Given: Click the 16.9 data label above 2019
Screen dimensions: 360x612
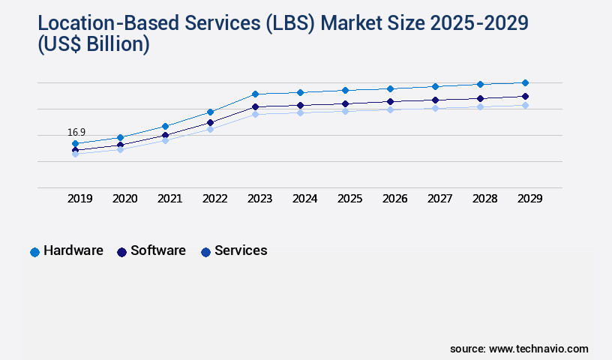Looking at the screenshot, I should tap(76, 132).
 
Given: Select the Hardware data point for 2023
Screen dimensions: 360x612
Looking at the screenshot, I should tap(255, 94).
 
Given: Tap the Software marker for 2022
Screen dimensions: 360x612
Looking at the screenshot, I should tap(210, 122).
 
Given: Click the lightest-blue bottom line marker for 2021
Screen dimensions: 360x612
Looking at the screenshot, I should tap(165, 140).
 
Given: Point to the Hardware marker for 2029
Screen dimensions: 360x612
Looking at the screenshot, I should tap(525, 82).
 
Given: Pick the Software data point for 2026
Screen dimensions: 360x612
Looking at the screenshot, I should tap(390, 101).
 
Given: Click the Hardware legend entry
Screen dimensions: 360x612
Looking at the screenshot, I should tap(73, 251).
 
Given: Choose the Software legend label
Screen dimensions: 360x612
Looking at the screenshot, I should tap(157, 251).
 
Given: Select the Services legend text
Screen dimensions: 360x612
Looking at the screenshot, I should tap(240, 251).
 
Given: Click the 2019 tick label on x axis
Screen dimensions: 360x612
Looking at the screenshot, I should tap(80, 199).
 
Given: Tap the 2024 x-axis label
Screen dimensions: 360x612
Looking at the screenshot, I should tap(304, 199).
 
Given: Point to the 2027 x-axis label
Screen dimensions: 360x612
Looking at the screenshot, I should tap(439, 199).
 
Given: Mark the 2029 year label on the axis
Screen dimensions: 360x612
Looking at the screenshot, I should tap(529, 199).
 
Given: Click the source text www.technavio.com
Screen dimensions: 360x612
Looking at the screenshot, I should tap(538, 349).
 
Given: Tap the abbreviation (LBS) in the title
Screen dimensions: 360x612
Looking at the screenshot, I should tap(290, 23).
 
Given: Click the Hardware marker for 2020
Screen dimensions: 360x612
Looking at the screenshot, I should tap(120, 137).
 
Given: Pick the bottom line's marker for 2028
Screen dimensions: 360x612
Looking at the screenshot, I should tap(480, 107).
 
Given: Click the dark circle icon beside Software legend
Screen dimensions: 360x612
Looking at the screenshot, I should tap(121, 252).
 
